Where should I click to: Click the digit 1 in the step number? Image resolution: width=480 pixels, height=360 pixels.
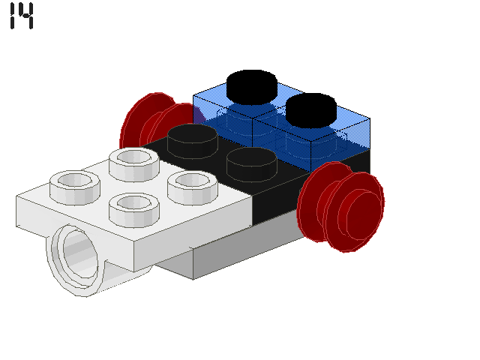(13, 16)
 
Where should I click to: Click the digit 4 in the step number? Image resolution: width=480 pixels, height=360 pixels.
(26, 16)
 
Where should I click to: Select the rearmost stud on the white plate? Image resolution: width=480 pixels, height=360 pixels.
(133, 162)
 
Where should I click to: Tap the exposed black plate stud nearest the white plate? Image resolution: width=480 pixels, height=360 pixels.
(193, 139)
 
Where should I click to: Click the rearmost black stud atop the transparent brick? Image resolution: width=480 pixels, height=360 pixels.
(252, 85)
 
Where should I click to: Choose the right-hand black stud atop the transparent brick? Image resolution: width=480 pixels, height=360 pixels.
(310, 108)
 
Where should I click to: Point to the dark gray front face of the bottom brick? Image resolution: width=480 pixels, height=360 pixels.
(247, 251)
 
